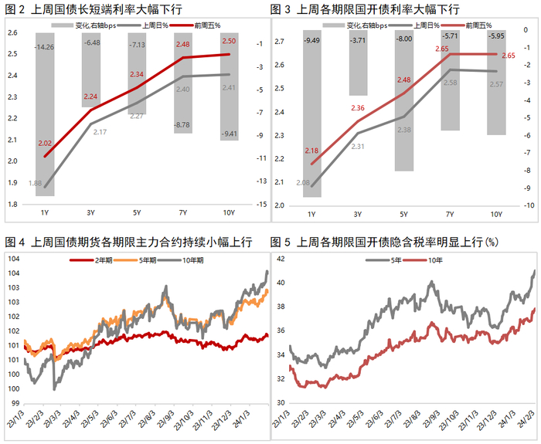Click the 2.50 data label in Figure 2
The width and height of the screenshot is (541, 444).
click(229, 41)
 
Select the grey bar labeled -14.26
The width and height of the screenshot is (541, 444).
click(45, 116)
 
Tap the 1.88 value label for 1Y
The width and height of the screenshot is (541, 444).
click(35, 183)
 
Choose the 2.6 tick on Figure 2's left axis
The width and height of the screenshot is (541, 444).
click(13, 32)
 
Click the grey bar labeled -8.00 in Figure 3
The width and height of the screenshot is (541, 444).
click(404, 100)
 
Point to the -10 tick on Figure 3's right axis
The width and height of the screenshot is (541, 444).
click(529, 205)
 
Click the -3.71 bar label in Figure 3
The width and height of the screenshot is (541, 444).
click(358, 39)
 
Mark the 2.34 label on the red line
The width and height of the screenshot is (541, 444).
click(136, 74)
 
